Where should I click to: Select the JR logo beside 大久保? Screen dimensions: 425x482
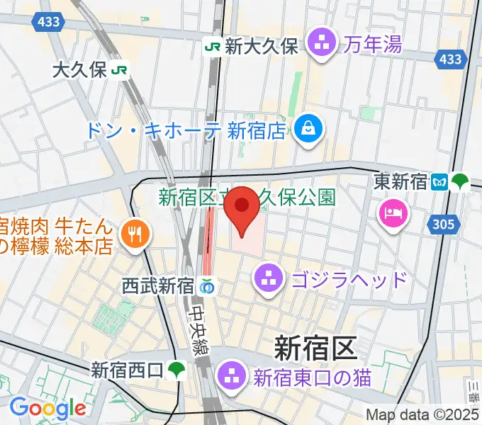pyautogui.click(x=122, y=69)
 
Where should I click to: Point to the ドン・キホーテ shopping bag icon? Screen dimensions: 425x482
pyautogui.click(x=310, y=129)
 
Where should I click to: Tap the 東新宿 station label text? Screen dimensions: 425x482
pyautogui.click(x=400, y=182)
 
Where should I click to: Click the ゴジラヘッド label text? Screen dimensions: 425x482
pyautogui.click(x=349, y=278)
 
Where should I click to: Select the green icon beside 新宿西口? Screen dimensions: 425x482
pyautogui.click(x=176, y=370)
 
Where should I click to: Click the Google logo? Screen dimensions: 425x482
pyautogui.click(x=47, y=408)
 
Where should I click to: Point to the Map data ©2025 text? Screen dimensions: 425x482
pyautogui.click(x=422, y=414)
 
